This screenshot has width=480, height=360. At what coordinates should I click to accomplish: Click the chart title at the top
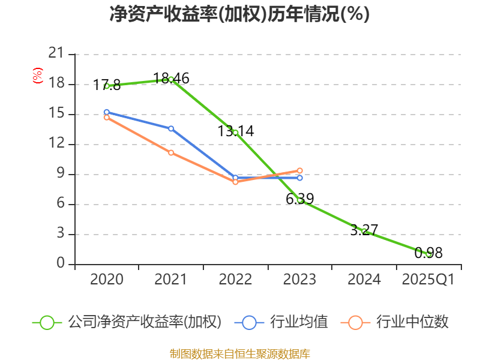tap(239, 14)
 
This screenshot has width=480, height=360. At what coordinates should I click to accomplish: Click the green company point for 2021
tap(171, 79)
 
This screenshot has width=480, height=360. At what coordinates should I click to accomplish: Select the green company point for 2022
tap(235, 132)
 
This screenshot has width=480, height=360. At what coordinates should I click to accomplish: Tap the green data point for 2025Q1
tap(428, 254)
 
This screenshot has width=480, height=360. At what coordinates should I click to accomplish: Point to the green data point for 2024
tap(364, 231)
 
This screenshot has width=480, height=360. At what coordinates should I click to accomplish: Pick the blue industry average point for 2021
tap(171, 128)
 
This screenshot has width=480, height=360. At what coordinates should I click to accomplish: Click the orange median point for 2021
tap(171, 152)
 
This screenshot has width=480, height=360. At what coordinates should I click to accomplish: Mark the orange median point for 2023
tap(299, 170)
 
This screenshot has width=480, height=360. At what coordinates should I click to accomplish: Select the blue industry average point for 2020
tap(106, 112)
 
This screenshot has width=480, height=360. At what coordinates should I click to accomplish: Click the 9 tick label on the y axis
tap(60, 174)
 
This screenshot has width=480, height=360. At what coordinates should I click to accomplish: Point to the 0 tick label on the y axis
tap(60, 264)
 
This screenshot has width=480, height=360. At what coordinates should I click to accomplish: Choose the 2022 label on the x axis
tap(235, 280)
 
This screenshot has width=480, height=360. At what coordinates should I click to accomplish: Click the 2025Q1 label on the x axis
tap(428, 280)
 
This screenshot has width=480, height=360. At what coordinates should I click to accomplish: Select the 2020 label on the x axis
tap(106, 280)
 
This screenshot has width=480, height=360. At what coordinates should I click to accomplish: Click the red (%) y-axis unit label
tap(38, 76)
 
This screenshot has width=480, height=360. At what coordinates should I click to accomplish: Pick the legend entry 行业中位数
tap(395, 322)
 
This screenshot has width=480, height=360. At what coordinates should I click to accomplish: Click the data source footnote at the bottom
tap(239, 353)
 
